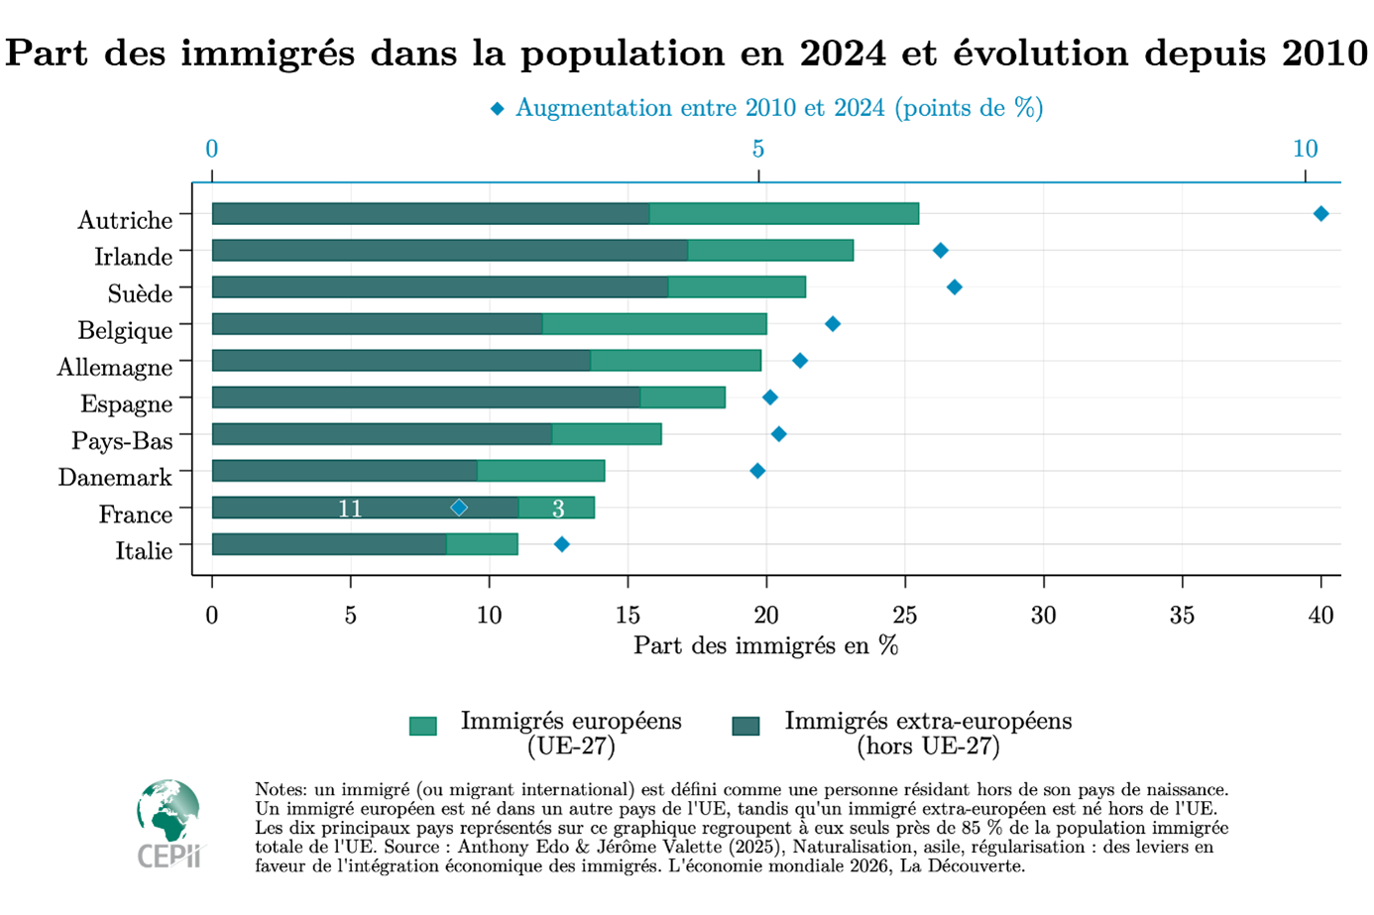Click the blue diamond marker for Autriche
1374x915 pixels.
(1320, 214)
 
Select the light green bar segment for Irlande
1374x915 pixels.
(770, 251)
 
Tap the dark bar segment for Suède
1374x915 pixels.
(440, 287)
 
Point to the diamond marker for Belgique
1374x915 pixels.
(833, 324)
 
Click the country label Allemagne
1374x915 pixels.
(115, 368)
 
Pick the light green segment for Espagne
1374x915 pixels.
(683, 398)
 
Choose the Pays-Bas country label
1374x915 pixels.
(122, 441)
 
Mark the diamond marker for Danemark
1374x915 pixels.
(757, 471)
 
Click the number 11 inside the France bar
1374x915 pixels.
(350, 509)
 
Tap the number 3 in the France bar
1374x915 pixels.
(558, 509)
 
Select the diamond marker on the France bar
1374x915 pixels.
(459, 508)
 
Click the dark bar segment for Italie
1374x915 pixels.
(329, 544)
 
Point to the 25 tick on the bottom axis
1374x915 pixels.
(904, 616)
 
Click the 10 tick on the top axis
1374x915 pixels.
(1305, 150)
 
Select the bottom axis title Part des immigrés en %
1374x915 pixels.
(765, 646)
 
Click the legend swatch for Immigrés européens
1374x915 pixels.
(423, 726)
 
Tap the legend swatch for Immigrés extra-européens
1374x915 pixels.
(745, 726)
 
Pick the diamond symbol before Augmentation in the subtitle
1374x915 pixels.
(498, 108)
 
